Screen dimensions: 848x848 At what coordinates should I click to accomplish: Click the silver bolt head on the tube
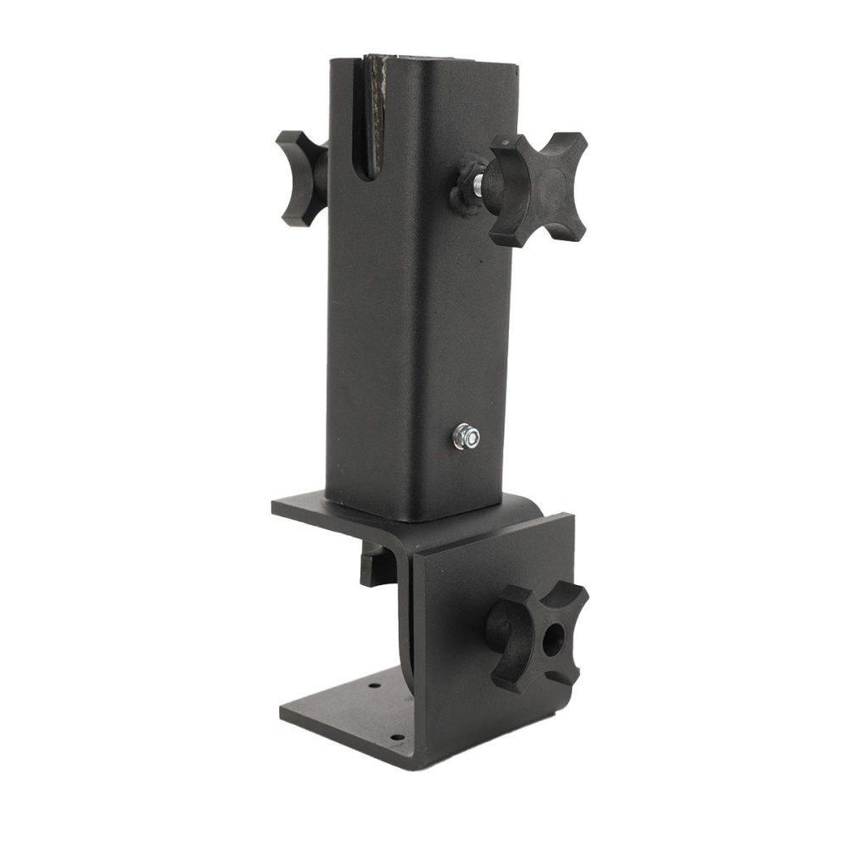click(x=466, y=437)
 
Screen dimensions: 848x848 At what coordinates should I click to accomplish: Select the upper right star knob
click(x=539, y=188)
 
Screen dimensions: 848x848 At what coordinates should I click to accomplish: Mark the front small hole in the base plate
click(x=395, y=736)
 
